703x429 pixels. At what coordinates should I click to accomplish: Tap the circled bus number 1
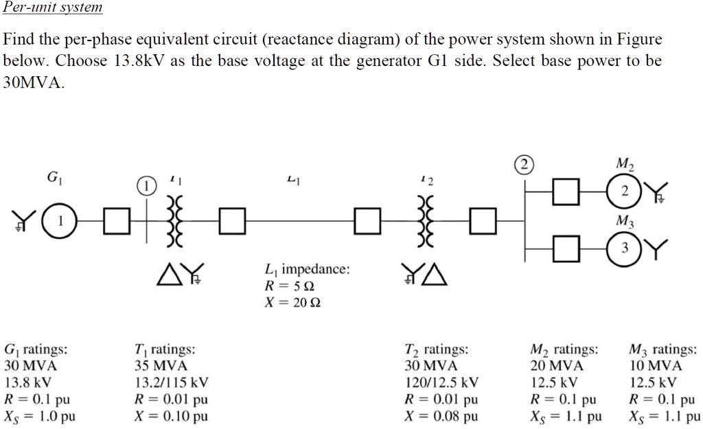(146, 187)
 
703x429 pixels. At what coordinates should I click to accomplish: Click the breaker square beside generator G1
(116, 220)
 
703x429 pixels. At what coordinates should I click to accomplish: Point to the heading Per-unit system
(53, 8)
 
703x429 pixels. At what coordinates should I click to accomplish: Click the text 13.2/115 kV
(172, 382)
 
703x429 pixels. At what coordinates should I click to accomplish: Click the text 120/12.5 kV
(442, 382)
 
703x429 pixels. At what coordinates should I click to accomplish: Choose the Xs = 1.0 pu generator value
(40, 416)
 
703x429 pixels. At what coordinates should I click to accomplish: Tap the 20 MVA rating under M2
(557, 366)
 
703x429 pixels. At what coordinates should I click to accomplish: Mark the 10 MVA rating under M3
(656, 366)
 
